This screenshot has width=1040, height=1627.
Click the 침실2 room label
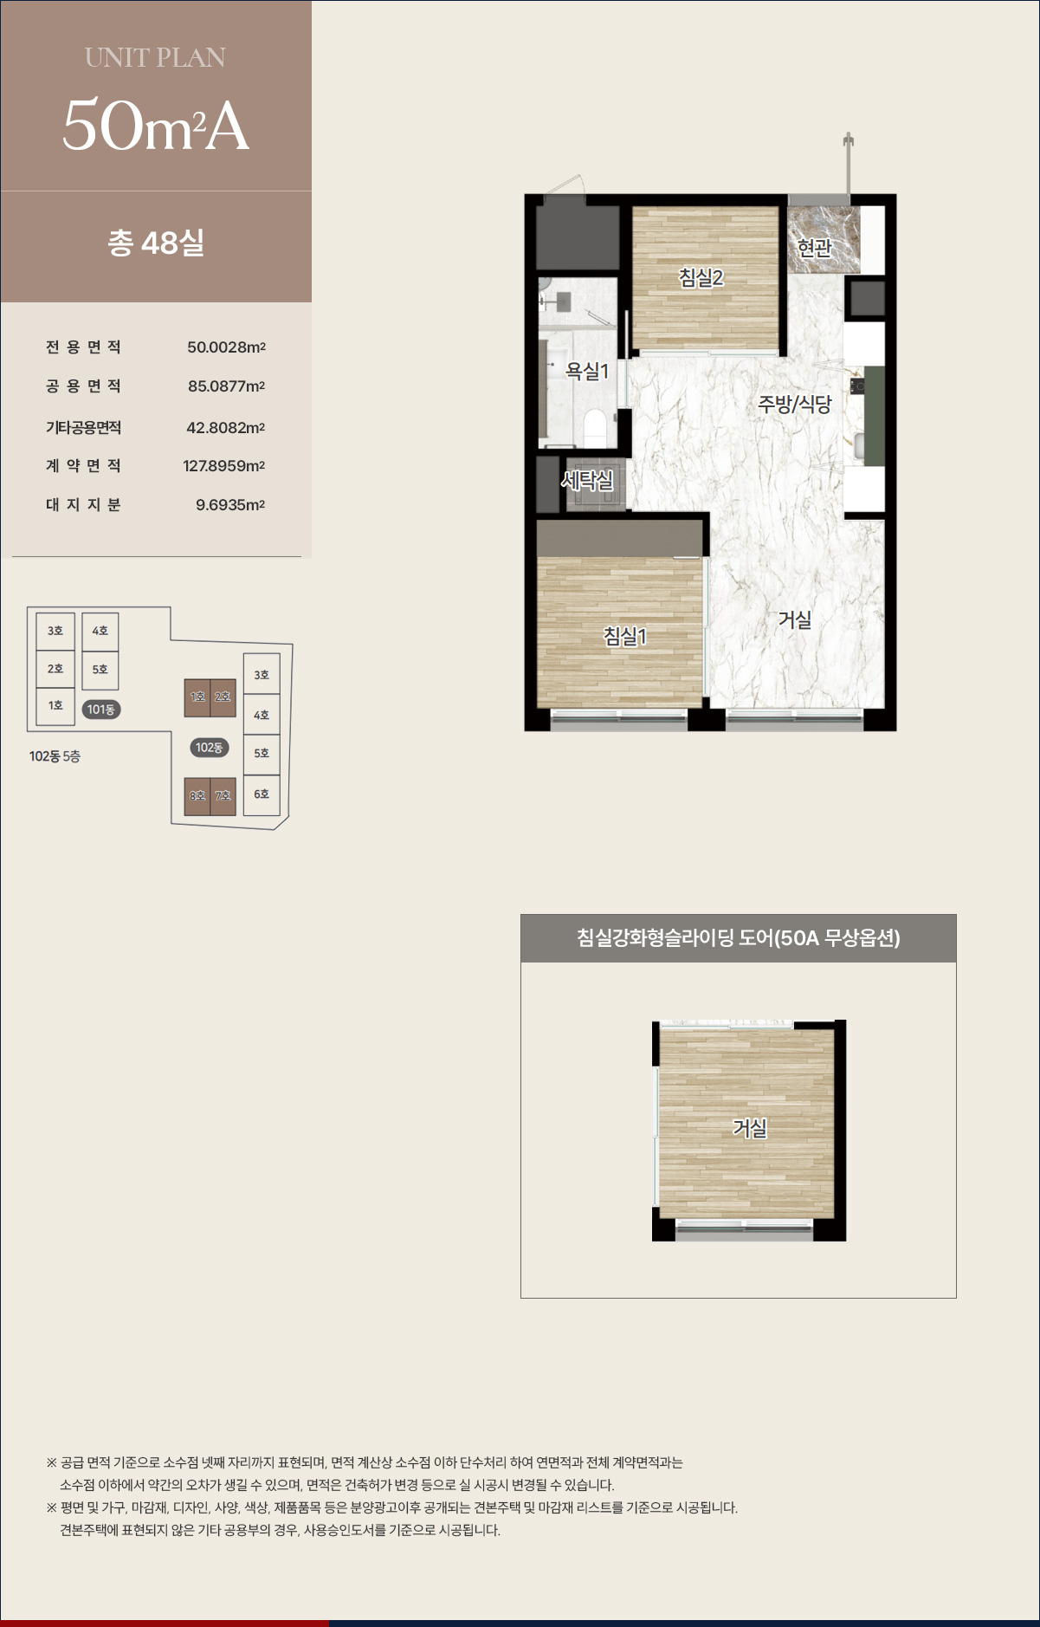pyautogui.click(x=701, y=277)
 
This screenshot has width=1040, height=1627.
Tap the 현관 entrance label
pyautogui.click(x=814, y=248)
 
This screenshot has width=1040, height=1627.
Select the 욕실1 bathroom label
pyautogui.click(x=587, y=371)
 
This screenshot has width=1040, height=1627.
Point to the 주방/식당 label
pyautogui.click(x=794, y=404)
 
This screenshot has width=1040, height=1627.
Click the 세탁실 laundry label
pyautogui.click(x=587, y=479)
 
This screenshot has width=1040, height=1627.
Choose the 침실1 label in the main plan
pyautogui.click(x=625, y=636)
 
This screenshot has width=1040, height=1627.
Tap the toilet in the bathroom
pyautogui.click(x=595, y=426)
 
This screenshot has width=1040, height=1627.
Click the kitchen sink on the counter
pyautogui.click(x=860, y=445)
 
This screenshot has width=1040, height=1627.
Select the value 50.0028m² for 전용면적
pyautogui.click(x=226, y=347)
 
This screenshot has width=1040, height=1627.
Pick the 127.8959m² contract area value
pyautogui.click(x=223, y=466)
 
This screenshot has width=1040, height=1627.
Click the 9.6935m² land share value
pyautogui.click(x=230, y=505)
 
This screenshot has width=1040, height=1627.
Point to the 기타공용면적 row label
pyautogui.click(x=83, y=427)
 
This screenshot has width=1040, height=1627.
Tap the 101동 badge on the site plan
pyautogui.click(x=100, y=710)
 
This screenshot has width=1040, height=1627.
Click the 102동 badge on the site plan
pyautogui.click(x=209, y=748)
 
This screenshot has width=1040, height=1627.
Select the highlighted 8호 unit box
pyautogui.click(x=197, y=796)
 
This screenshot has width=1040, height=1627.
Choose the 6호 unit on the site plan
pyautogui.click(x=262, y=794)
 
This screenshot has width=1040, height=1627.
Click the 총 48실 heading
pyautogui.click(x=156, y=243)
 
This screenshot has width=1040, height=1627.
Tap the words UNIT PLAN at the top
pyautogui.click(x=156, y=57)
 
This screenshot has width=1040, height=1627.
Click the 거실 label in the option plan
pyautogui.click(x=750, y=1128)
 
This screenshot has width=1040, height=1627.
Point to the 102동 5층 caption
pyautogui.click(x=55, y=756)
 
